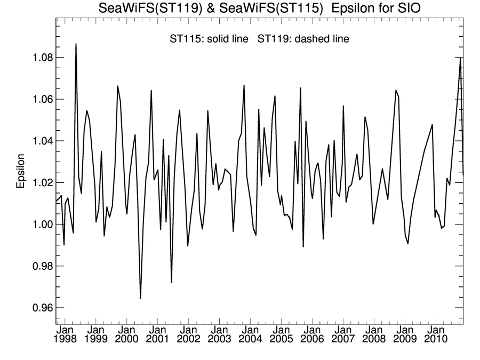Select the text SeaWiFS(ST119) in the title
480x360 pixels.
(139, 9)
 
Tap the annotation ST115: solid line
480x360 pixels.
(208, 39)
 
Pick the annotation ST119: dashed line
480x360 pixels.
(303, 39)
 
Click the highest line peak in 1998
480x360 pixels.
(76, 44)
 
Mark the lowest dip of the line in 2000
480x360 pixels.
(140, 299)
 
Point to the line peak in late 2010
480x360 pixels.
(460, 58)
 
